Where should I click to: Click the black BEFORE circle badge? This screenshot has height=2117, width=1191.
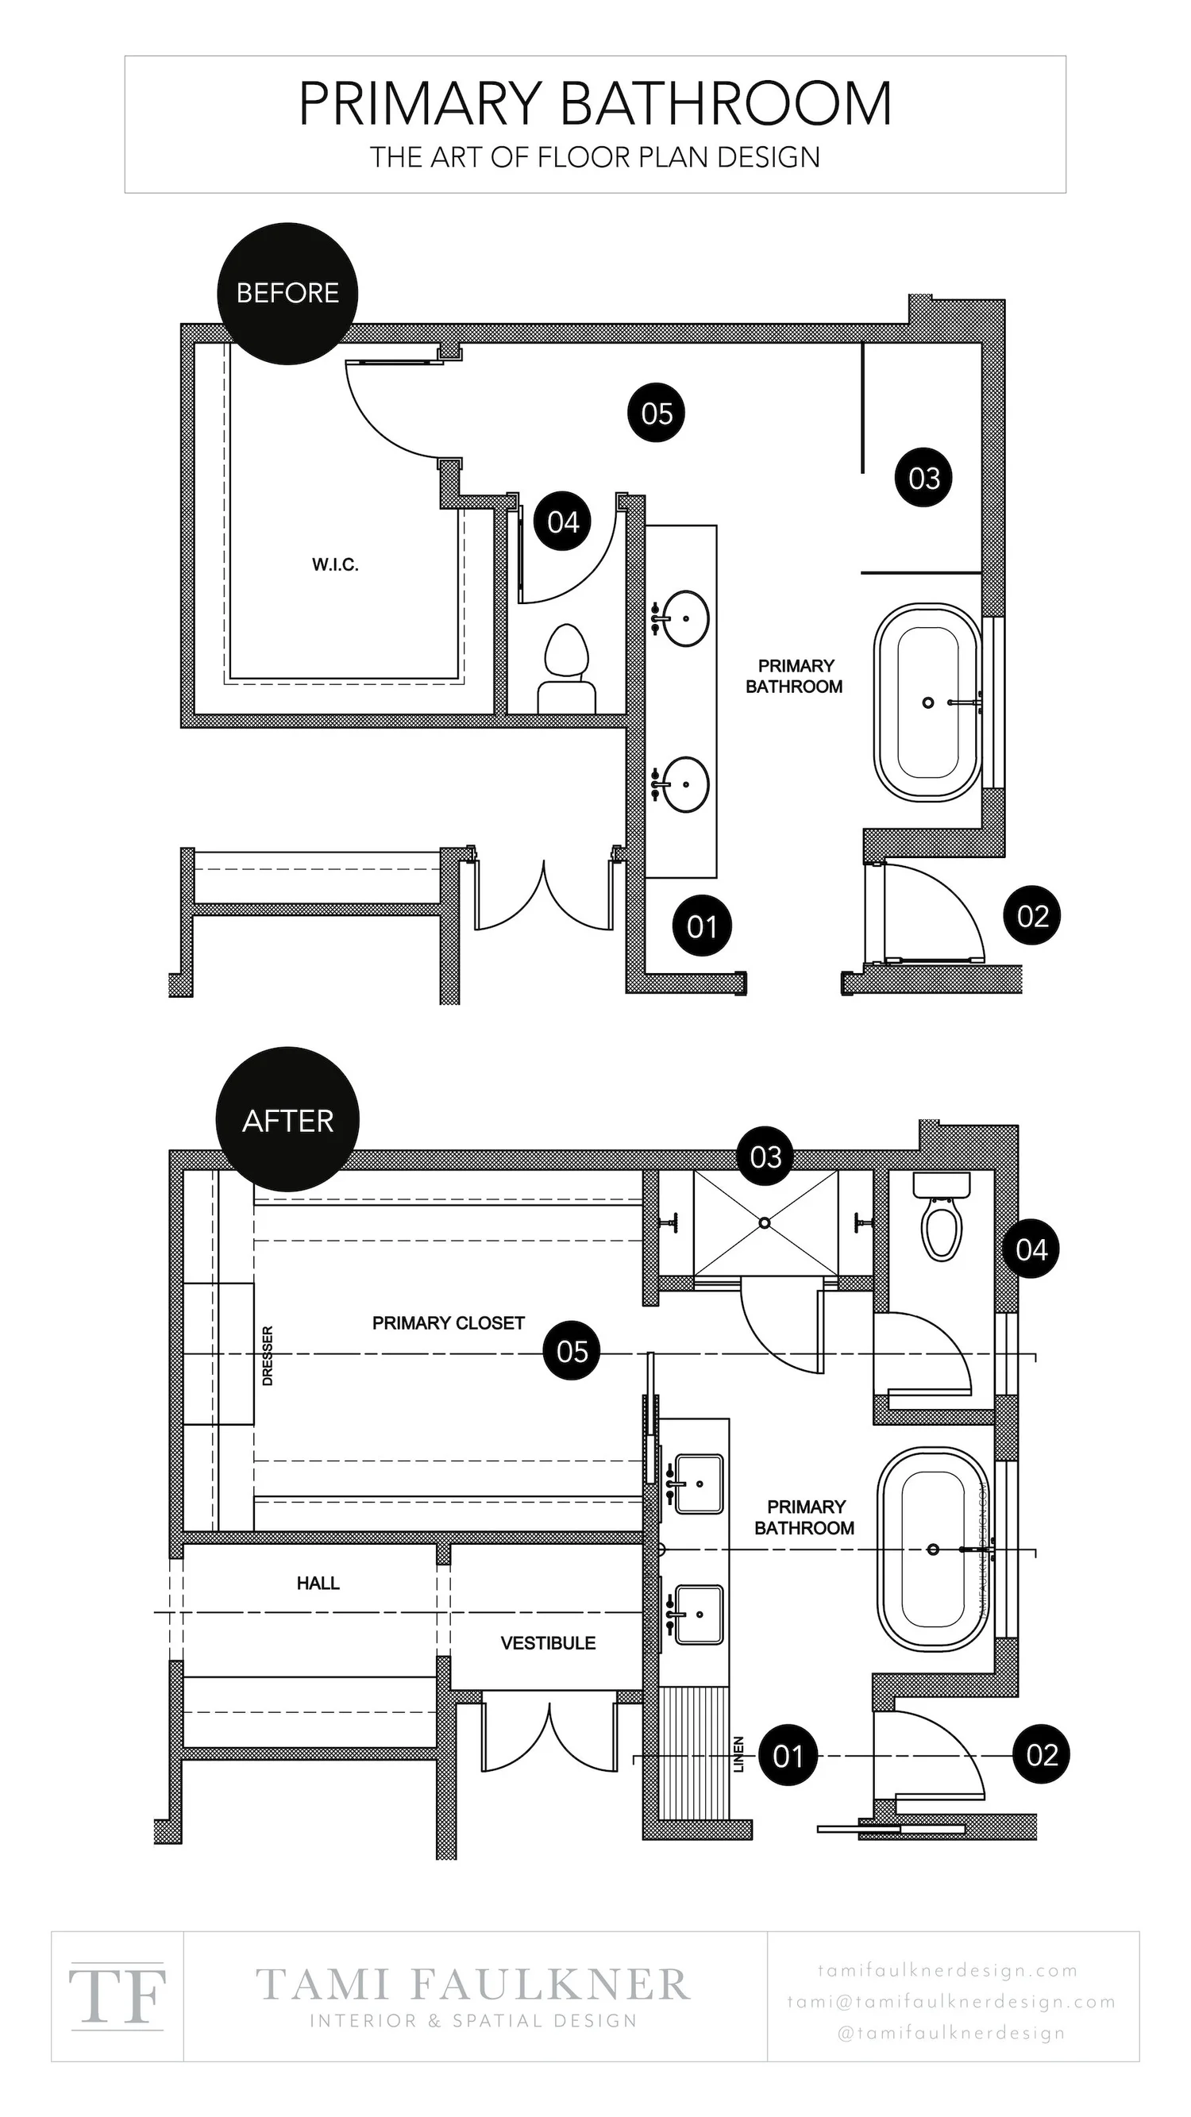pyautogui.click(x=287, y=294)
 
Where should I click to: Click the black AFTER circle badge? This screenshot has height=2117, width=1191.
pyautogui.click(x=287, y=1120)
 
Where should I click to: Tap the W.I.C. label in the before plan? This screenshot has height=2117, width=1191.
pyautogui.click(x=334, y=564)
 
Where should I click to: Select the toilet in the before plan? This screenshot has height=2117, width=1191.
pyautogui.click(x=566, y=668)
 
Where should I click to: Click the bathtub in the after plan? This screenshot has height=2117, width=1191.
pyautogui.click(x=933, y=1550)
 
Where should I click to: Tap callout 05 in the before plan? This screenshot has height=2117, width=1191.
pyautogui.click(x=656, y=413)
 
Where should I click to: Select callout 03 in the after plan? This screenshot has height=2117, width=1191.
pyautogui.click(x=765, y=1157)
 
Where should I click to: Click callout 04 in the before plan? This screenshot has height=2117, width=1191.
pyautogui.click(x=563, y=522)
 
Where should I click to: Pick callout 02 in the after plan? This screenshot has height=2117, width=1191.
pyautogui.click(x=1041, y=1754)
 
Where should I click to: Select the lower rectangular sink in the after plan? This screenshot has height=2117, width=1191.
pyautogui.click(x=699, y=1614)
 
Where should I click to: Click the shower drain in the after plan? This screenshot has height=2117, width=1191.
pyautogui.click(x=765, y=1223)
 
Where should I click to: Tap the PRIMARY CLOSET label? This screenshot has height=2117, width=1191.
pyautogui.click(x=448, y=1323)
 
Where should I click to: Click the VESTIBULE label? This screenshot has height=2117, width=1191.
pyautogui.click(x=547, y=1643)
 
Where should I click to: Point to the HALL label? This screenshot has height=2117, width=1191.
pyautogui.click(x=318, y=1583)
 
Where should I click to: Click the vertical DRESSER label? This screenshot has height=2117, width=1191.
pyautogui.click(x=267, y=1356)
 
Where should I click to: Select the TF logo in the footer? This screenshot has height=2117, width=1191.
pyautogui.click(x=118, y=1996)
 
